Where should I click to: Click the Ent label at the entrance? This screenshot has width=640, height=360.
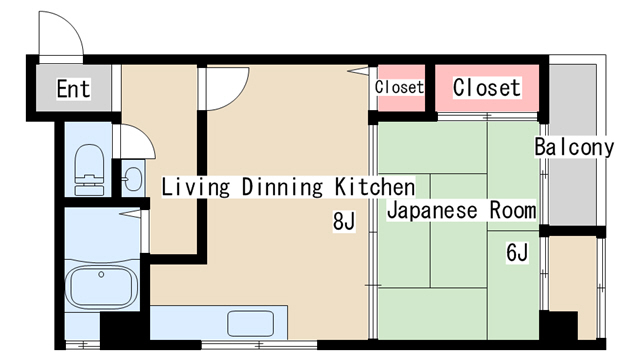[x=72, y=89]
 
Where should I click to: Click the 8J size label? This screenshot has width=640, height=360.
[x=344, y=222]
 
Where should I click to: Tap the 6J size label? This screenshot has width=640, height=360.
[x=516, y=252]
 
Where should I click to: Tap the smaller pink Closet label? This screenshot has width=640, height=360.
[x=399, y=88]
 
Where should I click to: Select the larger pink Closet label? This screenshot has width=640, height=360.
[x=487, y=88]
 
